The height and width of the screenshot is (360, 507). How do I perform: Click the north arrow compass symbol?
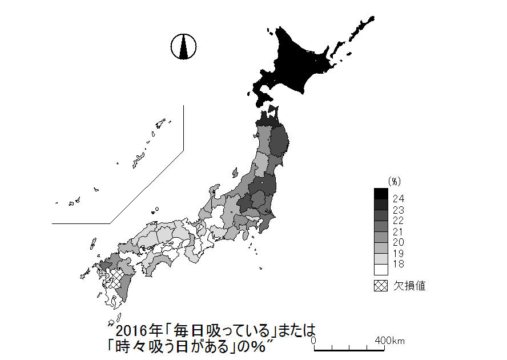click(x=183, y=46)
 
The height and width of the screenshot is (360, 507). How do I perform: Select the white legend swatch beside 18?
click(x=381, y=269)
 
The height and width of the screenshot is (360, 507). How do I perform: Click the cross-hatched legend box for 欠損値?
click(x=381, y=285)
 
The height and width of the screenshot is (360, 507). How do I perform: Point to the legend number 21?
click(x=399, y=231)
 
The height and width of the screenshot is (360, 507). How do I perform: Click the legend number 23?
click(x=399, y=210)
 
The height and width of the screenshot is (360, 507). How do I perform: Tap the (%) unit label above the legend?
click(x=395, y=181)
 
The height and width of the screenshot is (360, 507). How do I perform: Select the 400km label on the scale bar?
click(x=390, y=341)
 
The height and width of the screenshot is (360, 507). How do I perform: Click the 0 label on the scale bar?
click(x=314, y=341)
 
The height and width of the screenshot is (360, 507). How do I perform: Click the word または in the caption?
click(x=297, y=331)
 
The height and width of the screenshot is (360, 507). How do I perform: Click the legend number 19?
click(x=399, y=253)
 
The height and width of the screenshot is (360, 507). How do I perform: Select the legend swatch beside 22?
click(x=381, y=215)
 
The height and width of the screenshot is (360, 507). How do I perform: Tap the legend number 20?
click(x=399, y=242)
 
